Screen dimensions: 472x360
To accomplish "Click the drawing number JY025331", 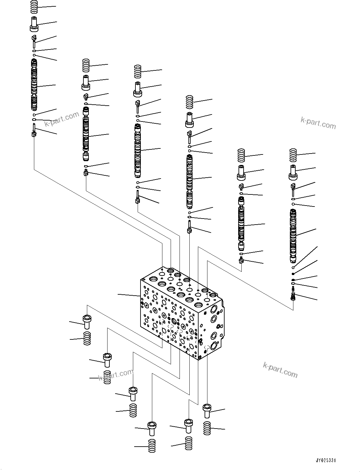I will pyautogui.click(x=325, y=460).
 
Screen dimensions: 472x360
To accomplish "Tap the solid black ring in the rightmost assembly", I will pyautogui.click(x=293, y=273).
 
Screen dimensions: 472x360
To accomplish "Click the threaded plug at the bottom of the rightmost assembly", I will pyautogui.click(x=293, y=296).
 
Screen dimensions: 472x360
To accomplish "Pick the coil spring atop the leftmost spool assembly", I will pyautogui.click(x=35, y=6).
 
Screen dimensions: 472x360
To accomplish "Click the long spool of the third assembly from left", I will pyautogui.click(x=138, y=151).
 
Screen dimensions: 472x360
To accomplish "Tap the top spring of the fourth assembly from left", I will pyautogui.click(x=190, y=102).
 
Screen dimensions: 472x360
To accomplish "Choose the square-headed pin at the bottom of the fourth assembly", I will pyautogui.click(x=189, y=228).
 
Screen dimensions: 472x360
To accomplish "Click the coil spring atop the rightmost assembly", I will pyautogui.click(x=293, y=155).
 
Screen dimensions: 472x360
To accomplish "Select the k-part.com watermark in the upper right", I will pyautogui.click(x=318, y=123).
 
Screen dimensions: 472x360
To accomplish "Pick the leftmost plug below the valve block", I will pyautogui.click(x=87, y=321).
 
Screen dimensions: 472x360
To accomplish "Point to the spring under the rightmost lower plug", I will pyautogui.click(x=207, y=428).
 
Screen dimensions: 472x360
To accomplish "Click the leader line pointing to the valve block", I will pyautogui.click(x=128, y=295).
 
